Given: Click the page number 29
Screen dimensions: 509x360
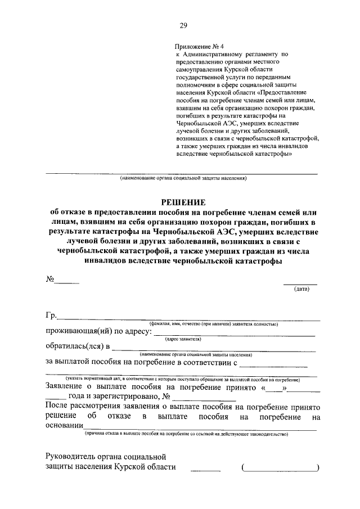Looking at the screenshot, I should (x=183, y=25).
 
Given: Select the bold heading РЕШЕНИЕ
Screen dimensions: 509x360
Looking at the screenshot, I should (x=184, y=202).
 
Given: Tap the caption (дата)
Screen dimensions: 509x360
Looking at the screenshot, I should (x=300, y=289).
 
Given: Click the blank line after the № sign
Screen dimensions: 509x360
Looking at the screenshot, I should (x=67, y=281).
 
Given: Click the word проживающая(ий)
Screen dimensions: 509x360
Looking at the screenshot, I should (x=76, y=332).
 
